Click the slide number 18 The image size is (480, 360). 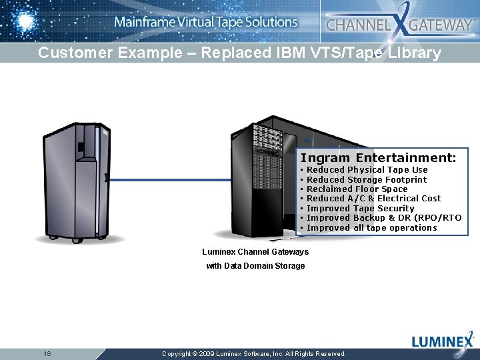tap(47, 353)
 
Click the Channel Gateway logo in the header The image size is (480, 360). tap(399, 25)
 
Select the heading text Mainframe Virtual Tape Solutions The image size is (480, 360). tap(205, 22)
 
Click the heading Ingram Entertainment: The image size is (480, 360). tap(378, 158)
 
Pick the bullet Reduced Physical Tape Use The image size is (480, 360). tap(367, 170)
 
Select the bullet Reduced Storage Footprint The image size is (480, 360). tap(367, 179)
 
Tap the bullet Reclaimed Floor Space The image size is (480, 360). tap(357, 189)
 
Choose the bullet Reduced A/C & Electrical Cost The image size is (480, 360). tap(373, 199)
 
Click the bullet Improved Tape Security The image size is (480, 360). tap(360, 209)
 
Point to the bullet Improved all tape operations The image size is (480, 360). tap(371, 228)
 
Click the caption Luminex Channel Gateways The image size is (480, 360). tap(255, 252)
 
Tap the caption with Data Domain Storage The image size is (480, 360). tap(255, 266)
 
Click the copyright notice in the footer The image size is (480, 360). tap(254, 354)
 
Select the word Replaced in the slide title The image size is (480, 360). tap(245, 53)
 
